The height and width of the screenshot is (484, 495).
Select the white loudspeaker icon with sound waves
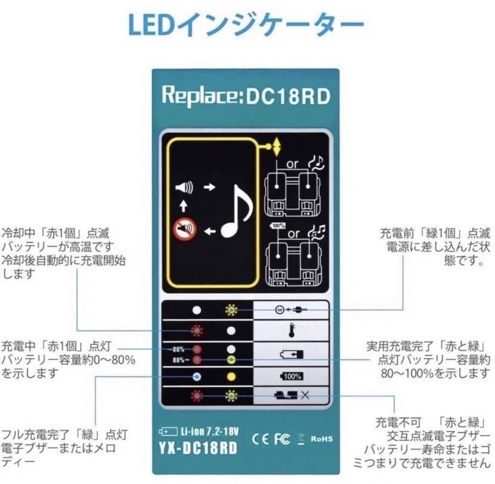[184, 188]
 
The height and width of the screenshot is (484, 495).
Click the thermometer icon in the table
[292, 331]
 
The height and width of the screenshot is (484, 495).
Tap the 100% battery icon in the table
[292, 377]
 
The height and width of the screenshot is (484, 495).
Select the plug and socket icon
[291, 310]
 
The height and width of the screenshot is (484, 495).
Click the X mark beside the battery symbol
[305, 395]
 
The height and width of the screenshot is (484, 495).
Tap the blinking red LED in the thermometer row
[196, 331]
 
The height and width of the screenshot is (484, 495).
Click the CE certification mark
[261, 439]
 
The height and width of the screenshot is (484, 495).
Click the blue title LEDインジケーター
[246, 25]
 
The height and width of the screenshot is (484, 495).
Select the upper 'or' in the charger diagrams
[293, 163]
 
